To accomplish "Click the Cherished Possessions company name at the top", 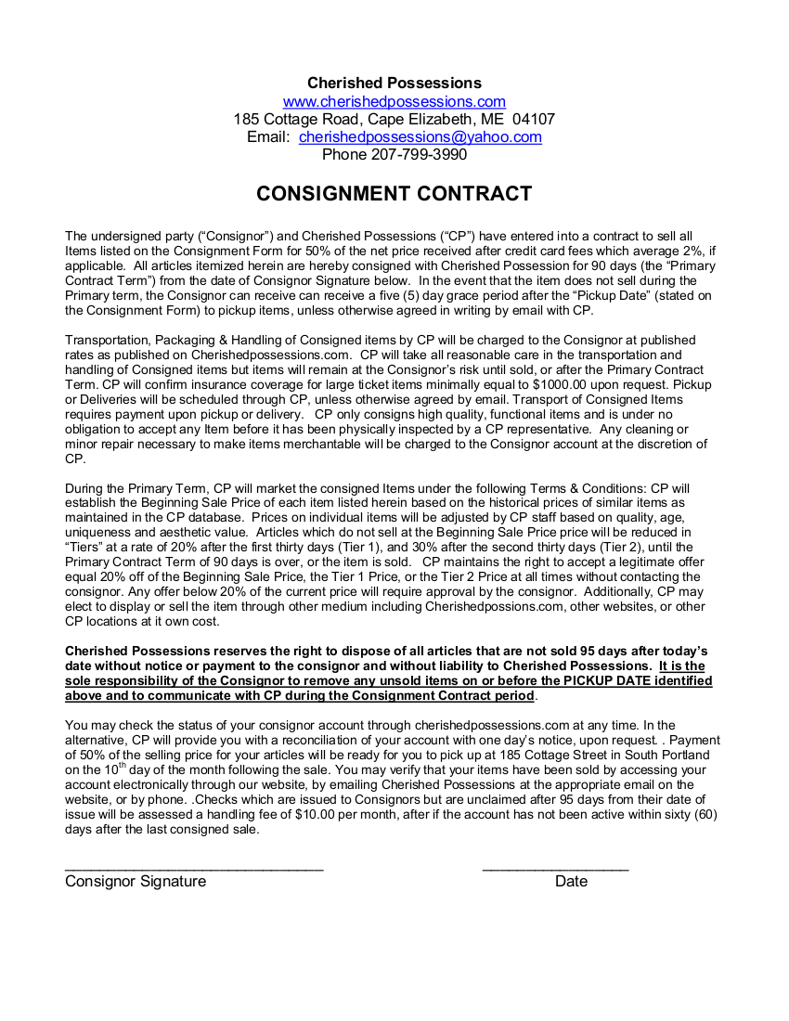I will pyautogui.click(x=394, y=84).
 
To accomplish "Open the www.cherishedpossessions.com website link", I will pyautogui.click(x=394, y=101).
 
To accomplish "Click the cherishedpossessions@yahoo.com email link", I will pyautogui.click(x=420, y=136).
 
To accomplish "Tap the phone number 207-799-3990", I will pyautogui.click(x=418, y=154).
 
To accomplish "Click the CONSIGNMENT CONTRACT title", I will pyautogui.click(x=394, y=194).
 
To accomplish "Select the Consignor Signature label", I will pyautogui.click(x=136, y=881).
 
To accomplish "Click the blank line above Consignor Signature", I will pyautogui.click(x=194, y=867).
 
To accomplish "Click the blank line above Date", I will pyautogui.click(x=555, y=867).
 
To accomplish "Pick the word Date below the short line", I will pyautogui.click(x=571, y=881).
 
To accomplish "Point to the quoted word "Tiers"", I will pyautogui.click(x=85, y=548).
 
